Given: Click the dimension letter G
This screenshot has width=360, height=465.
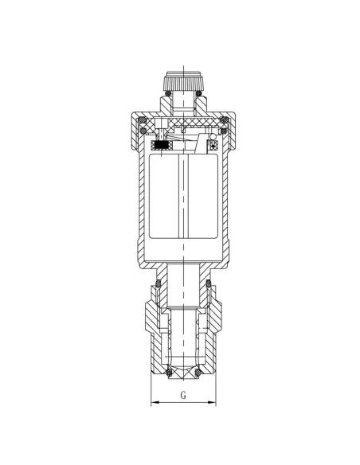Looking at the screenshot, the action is pos(183,395).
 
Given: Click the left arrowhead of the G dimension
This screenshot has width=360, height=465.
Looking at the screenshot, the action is pos(155,402).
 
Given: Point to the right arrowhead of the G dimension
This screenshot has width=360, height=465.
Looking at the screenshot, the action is pos(212,402).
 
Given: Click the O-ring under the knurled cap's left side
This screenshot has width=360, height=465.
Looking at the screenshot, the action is pos(168,93).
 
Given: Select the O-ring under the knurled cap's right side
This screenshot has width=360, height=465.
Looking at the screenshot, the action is pos(199,93).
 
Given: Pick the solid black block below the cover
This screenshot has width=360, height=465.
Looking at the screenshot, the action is pos(162,144).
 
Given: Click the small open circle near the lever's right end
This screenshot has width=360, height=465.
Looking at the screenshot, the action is pos(213,136).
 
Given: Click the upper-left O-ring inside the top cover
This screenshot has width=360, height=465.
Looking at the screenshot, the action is pos(143,120).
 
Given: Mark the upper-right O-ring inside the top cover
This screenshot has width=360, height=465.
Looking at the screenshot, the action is pos(225,120).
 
